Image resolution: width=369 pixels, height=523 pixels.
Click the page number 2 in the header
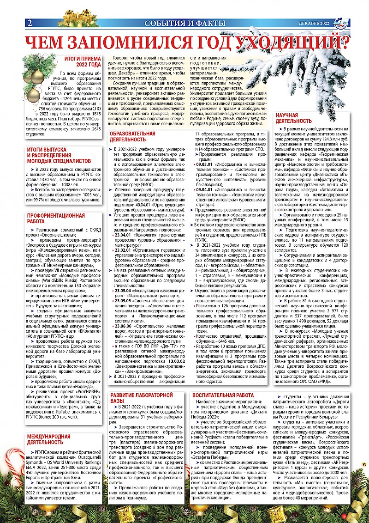(x=30, y=23)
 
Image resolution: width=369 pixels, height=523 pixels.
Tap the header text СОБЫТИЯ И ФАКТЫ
(x=184, y=24)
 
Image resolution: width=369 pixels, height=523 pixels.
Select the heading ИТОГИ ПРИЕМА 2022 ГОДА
(x=83, y=62)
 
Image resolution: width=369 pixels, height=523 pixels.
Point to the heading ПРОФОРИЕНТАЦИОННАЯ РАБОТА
(x=56, y=219)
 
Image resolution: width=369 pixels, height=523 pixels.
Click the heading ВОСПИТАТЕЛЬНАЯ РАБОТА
(x=223, y=395)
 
